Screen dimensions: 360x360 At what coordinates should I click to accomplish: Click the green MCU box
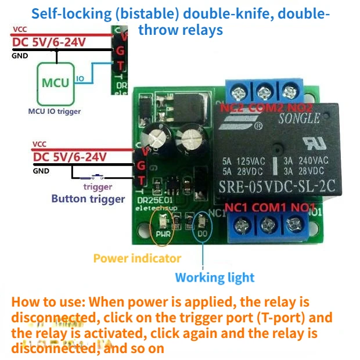click(55, 82)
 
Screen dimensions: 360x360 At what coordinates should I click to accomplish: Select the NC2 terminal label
click(232, 107)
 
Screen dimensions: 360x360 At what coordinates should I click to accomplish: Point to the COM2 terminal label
click(264, 107)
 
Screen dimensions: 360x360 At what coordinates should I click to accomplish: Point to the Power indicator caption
click(137, 258)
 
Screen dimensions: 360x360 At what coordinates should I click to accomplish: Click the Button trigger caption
click(88, 199)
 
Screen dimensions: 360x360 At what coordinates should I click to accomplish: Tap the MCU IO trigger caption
click(55, 111)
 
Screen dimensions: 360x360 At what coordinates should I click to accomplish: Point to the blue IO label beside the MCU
click(80, 78)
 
